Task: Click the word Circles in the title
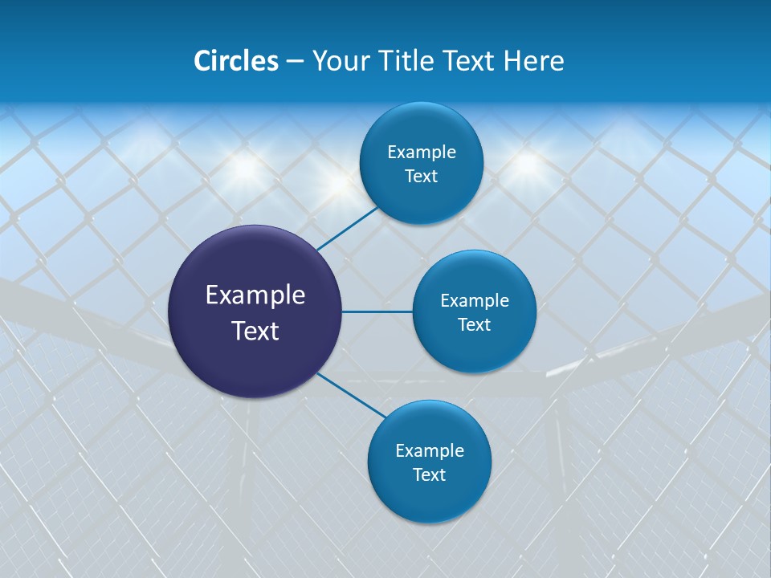click(235, 61)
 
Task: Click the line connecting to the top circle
click(348, 228)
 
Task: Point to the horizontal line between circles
click(377, 311)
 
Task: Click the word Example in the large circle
click(255, 295)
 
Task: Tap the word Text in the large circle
click(255, 331)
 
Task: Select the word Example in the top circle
click(421, 153)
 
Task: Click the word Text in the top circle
click(421, 177)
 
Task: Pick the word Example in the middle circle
click(474, 301)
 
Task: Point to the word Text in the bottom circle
click(429, 474)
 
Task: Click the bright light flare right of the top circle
click(526, 163)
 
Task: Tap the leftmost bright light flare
click(245, 167)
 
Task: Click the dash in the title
click(294, 62)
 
